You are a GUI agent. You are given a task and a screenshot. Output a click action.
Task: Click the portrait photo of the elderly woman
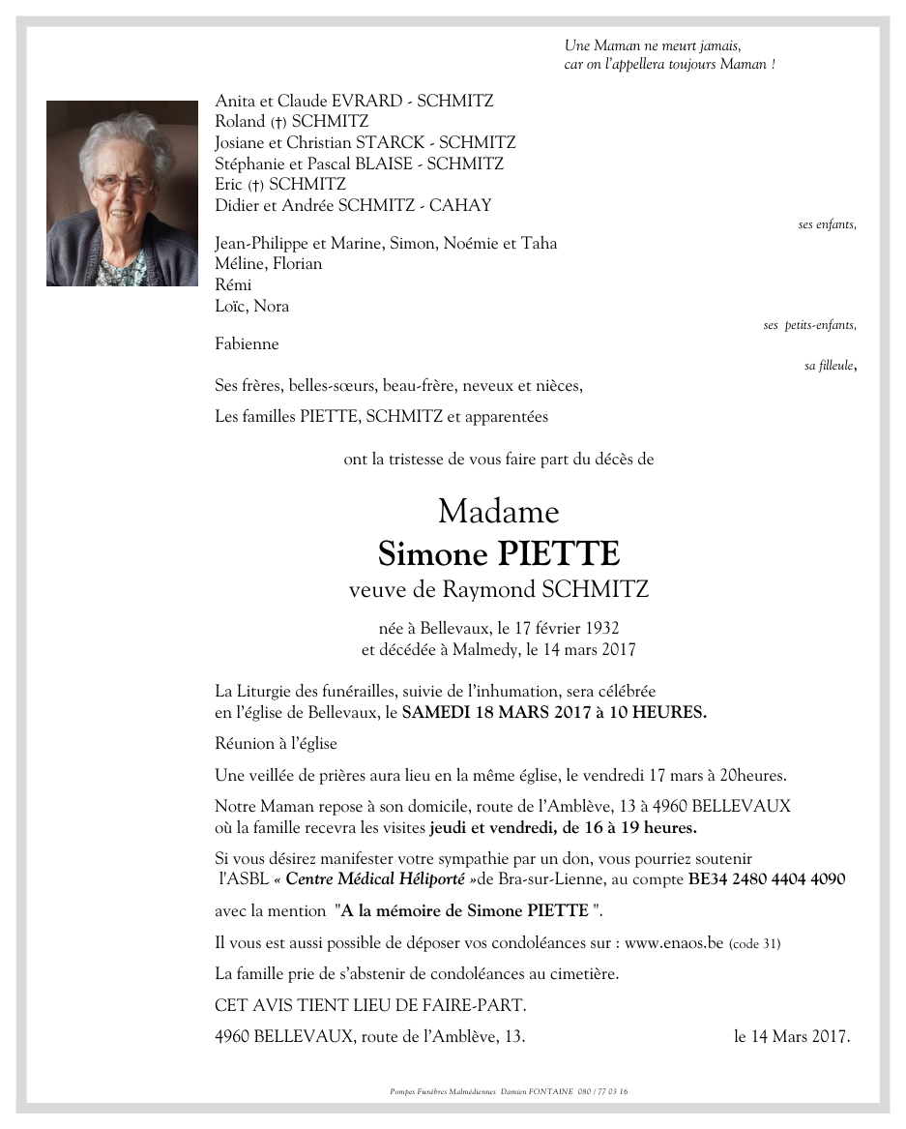122,193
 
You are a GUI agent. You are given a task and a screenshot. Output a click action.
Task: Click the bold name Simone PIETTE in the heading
498,553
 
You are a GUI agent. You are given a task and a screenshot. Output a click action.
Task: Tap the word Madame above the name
498,510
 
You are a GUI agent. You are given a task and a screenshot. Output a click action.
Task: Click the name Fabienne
247,344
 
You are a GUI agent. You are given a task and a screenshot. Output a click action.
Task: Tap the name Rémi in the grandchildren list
233,285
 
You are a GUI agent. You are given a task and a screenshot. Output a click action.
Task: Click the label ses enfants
827,224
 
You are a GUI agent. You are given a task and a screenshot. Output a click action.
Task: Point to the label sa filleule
829,366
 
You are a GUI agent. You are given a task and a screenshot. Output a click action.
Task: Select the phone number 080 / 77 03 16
603,1091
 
